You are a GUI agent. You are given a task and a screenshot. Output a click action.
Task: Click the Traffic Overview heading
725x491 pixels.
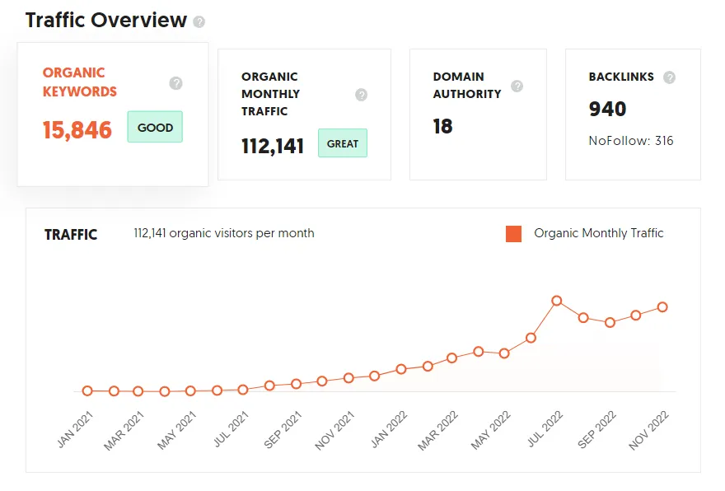106,21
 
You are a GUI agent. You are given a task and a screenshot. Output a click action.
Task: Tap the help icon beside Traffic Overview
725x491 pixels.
199,21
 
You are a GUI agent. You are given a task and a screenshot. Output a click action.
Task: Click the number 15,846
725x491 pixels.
77,130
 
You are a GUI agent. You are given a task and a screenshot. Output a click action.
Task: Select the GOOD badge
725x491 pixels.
155,127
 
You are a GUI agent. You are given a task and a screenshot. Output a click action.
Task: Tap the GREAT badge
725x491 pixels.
343,143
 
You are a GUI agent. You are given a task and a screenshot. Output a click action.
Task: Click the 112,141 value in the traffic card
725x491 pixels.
273,146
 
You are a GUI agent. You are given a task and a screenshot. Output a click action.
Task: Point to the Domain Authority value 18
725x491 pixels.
442,126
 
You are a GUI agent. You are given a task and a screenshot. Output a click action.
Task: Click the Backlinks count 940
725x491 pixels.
607,109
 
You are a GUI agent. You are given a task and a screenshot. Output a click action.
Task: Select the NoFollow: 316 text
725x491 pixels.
631,141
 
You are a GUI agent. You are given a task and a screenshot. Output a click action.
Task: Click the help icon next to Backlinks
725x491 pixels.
669,77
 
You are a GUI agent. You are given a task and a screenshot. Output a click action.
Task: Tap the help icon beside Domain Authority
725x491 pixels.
517,86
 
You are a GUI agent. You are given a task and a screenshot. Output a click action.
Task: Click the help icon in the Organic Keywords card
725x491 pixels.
175,83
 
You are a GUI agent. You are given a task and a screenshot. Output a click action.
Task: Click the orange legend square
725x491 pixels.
514,234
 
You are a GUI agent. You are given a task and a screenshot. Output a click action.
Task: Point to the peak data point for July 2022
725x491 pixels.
557,301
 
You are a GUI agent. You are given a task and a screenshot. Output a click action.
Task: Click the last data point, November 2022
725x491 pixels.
662,307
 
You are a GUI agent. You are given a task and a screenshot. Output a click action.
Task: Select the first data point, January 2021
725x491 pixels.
87,390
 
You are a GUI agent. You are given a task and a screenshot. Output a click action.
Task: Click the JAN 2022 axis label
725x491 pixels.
389,429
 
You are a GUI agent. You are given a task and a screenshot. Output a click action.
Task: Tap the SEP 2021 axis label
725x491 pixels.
283,429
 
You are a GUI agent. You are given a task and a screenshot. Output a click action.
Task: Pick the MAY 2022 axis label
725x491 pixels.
490,430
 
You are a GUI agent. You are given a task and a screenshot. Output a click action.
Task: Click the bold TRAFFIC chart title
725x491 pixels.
71,235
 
